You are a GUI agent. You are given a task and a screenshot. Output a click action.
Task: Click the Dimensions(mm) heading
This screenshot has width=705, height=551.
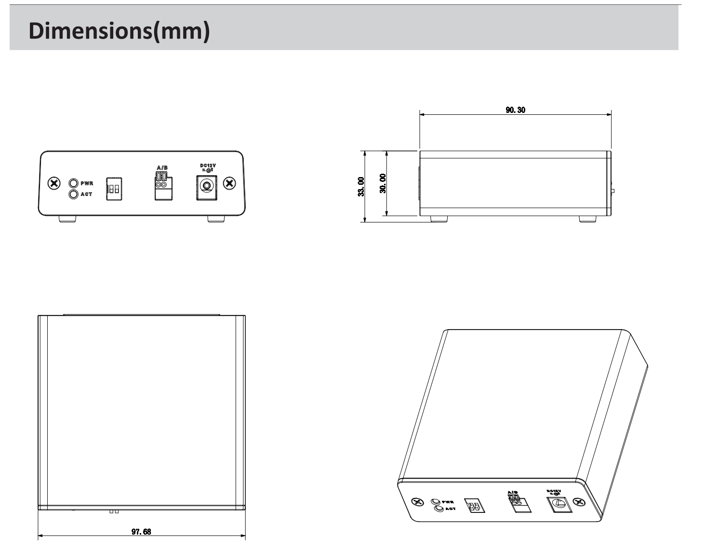pyautogui.click(x=119, y=31)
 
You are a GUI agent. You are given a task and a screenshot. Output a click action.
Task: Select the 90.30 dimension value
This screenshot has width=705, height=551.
pyautogui.click(x=515, y=110)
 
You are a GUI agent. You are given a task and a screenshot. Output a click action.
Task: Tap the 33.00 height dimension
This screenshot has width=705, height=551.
pyautogui.click(x=361, y=186)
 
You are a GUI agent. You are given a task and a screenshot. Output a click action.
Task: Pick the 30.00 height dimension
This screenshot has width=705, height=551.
pyautogui.click(x=383, y=183)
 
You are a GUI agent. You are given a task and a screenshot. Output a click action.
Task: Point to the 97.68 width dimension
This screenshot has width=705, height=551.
pyautogui.click(x=141, y=532)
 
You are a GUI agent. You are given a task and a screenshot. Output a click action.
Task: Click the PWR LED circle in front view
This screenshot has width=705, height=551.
pyautogui.click(x=74, y=183)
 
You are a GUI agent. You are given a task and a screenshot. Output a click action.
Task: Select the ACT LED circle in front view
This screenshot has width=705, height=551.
pyautogui.click(x=74, y=194)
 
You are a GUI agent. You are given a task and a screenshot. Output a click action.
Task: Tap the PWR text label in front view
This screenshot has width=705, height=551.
pyautogui.click(x=87, y=184)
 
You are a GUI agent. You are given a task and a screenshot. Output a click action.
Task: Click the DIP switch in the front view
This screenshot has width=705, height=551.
pyautogui.click(x=114, y=189)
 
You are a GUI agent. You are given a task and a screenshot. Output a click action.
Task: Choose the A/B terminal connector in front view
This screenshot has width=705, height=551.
pyautogui.click(x=163, y=186)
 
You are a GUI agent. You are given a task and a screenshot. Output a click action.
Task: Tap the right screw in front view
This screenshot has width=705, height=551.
pyautogui.click(x=230, y=183)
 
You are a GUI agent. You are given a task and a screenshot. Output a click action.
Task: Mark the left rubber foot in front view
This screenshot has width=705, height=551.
pyautogui.click(x=67, y=219)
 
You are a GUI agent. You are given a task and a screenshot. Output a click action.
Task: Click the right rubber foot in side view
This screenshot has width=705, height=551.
pyautogui.click(x=587, y=219)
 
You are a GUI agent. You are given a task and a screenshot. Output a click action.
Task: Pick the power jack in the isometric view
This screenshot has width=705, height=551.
pyautogui.click(x=559, y=505)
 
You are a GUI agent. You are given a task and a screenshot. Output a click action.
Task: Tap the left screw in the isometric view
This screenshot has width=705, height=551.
pyautogui.click(x=417, y=501)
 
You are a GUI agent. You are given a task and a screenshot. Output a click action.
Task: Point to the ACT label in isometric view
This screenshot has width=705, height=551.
pyautogui.click(x=451, y=509)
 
